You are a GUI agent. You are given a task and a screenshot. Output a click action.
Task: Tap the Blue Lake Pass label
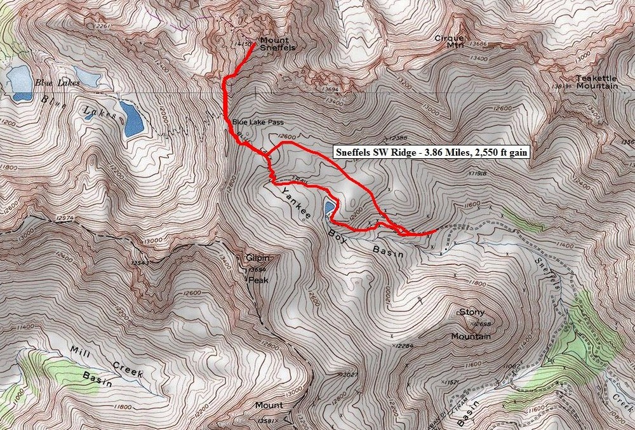(257, 122)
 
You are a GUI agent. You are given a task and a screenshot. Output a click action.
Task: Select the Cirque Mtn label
(450, 41)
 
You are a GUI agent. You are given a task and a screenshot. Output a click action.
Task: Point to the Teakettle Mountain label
(597, 82)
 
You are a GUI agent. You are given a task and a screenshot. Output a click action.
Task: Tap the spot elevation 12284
(410, 346)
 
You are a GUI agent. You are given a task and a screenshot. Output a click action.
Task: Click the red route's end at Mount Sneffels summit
(255, 44)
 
